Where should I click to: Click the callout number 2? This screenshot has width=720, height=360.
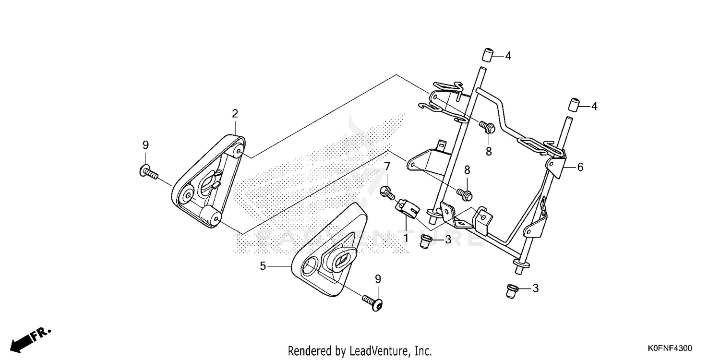coord(235,114)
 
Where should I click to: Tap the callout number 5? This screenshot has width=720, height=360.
coord(263,265)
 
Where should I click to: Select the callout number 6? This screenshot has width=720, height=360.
coord(580,167)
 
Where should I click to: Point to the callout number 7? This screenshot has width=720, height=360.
coord(387,166)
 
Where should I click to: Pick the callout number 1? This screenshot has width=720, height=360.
coord(406,237)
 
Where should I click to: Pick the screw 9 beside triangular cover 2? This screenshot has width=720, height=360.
coord(149,172)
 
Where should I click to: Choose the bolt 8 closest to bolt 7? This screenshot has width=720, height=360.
coord(466,194)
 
